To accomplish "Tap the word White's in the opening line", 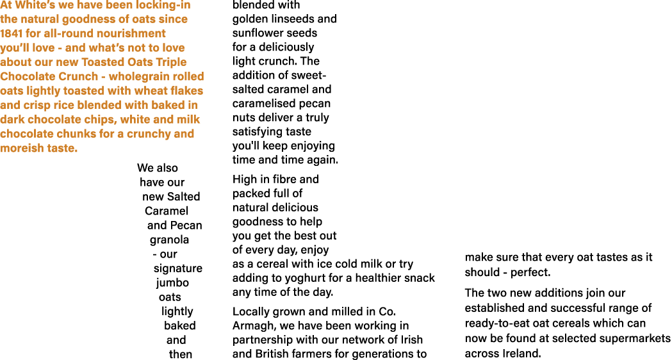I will (x=29, y=4).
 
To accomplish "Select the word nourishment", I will (x=133, y=33).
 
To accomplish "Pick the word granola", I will (x=169, y=240).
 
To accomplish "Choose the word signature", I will (x=177, y=268).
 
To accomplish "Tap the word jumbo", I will (x=172, y=282).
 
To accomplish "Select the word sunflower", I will (x=256, y=33).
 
